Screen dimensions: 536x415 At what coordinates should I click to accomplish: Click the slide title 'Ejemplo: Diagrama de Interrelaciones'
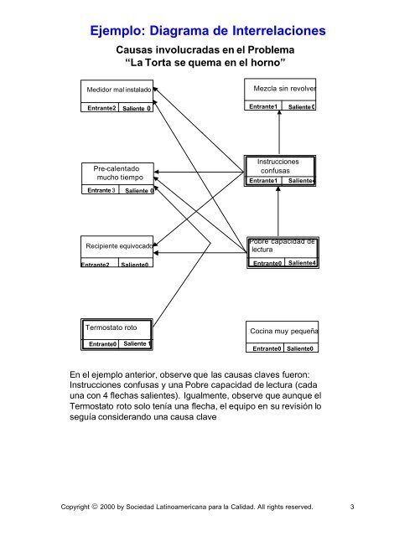[207, 32]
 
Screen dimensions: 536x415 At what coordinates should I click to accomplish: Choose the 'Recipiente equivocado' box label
[117, 246]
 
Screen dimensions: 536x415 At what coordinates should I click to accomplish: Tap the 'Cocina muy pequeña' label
[283, 331]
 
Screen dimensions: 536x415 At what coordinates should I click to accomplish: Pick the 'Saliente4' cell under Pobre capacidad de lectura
[301, 264]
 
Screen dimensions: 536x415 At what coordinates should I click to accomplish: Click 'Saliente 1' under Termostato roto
[136, 344]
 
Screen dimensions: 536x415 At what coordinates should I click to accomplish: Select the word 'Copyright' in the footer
[92, 506]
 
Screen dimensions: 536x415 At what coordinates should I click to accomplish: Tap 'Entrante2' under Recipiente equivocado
[96, 265]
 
